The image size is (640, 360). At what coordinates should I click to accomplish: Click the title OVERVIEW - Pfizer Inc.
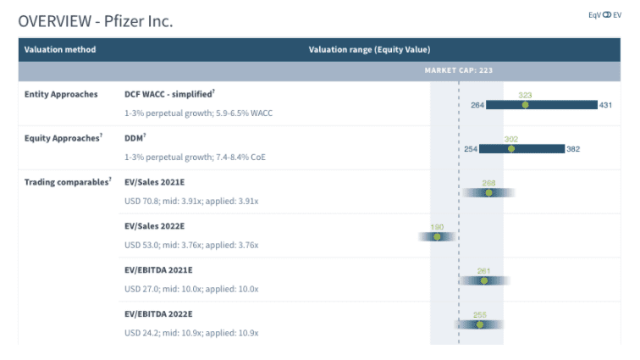tap(96, 20)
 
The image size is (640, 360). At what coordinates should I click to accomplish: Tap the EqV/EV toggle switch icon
tap(605, 15)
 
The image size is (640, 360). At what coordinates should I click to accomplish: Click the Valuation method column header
tap(60, 49)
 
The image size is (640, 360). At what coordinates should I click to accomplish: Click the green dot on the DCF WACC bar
tap(526, 105)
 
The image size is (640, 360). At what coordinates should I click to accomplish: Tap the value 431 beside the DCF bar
tap(605, 105)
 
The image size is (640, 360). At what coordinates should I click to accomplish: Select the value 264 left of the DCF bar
tap(477, 105)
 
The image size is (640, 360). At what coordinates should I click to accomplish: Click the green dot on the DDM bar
tap(511, 148)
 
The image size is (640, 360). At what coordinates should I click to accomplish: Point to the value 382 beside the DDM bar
tap(573, 149)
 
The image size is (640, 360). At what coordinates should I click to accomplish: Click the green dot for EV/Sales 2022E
tap(438, 236)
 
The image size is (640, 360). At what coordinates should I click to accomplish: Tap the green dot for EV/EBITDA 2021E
tap(483, 280)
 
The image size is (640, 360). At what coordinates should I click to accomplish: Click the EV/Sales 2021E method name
tap(154, 181)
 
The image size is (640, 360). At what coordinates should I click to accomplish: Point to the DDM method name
tap(135, 137)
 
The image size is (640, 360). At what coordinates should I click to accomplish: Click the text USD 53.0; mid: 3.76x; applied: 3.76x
tap(191, 245)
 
